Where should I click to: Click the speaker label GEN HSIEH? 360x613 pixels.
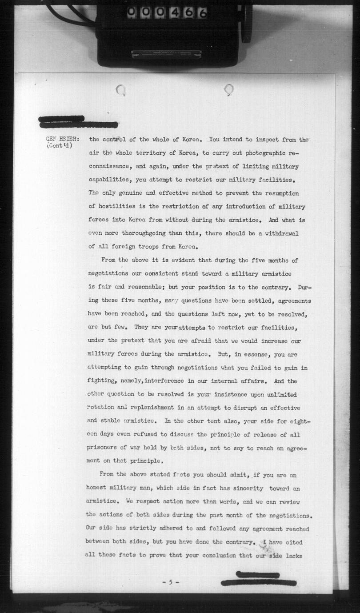click(x=62, y=139)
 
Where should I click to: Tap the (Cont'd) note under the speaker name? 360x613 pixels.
click(x=60, y=146)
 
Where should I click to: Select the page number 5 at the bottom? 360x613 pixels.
click(x=170, y=582)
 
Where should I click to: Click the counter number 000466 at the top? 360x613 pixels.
click(x=167, y=13)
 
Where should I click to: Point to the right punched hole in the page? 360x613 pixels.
click(x=228, y=90)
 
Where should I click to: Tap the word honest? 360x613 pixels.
click(x=98, y=488)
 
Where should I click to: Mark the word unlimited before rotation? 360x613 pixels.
click(x=282, y=395)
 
